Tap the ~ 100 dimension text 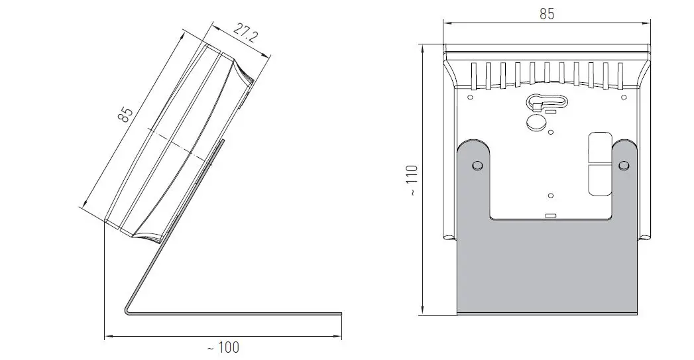[223, 347]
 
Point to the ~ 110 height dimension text [412, 180]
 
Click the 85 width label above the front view [546, 14]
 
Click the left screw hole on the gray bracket [475, 165]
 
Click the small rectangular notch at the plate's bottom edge [549, 215]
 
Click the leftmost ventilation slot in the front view [473, 74]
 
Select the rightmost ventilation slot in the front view [620, 74]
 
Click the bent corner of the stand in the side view [128, 310]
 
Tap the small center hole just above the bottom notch [551, 195]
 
